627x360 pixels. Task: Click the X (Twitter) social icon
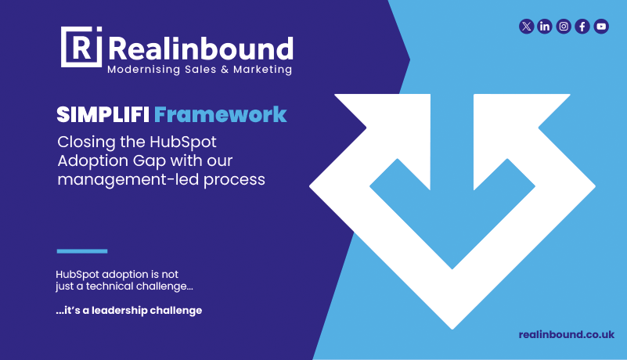tap(526, 27)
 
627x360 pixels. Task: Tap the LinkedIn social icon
tap(545, 27)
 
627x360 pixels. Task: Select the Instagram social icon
tap(564, 27)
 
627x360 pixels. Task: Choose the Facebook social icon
tap(582, 27)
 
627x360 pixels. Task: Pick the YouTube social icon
tap(601, 27)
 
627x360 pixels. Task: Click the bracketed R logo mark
tap(81, 48)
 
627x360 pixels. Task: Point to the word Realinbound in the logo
tap(201, 49)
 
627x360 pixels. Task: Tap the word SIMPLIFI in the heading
tap(103, 115)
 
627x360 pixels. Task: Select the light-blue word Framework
tap(221, 115)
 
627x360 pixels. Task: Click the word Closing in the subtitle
tap(85, 143)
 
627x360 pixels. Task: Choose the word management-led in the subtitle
tap(121, 179)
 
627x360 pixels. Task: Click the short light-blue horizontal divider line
tap(81, 251)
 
